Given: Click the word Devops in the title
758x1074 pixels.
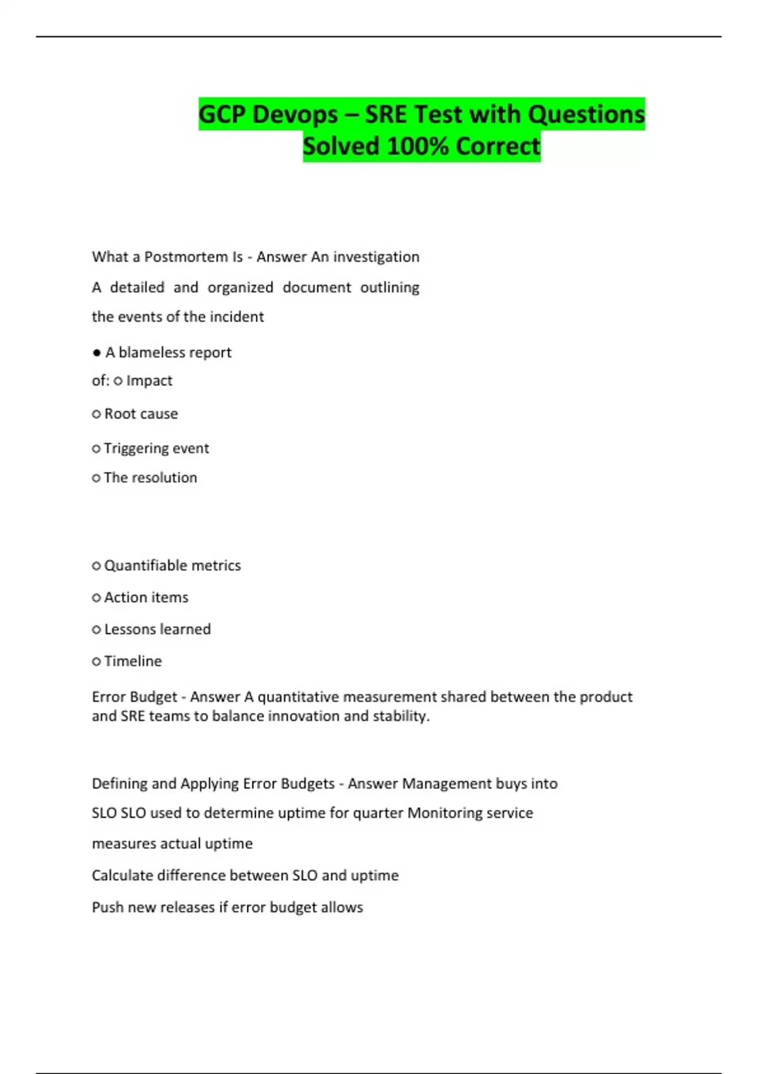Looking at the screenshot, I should pyautogui.click(x=295, y=114).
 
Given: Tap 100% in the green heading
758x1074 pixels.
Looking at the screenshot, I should pyautogui.click(x=416, y=147).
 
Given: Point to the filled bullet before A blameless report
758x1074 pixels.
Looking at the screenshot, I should pyautogui.click(x=97, y=353).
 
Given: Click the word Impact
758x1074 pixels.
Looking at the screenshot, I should pyautogui.click(x=149, y=381).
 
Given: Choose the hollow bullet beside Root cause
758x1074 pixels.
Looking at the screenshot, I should pyautogui.click(x=97, y=414).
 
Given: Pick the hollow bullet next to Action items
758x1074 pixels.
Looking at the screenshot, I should pyautogui.click(x=97, y=598).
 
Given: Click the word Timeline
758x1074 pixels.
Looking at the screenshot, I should pyautogui.click(x=133, y=661).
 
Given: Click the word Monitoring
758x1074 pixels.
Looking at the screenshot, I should pyautogui.click(x=446, y=813).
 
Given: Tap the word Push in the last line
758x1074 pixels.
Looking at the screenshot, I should pyautogui.click(x=107, y=908).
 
